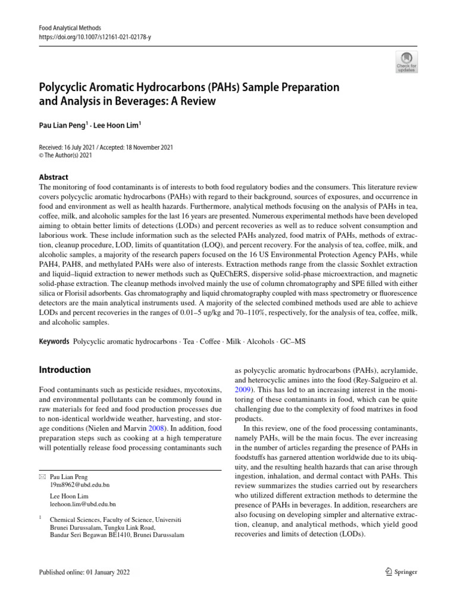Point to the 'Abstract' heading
point(54,177)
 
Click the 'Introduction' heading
point(64,370)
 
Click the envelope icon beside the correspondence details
point(41,477)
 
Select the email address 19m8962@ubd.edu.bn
point(79,485)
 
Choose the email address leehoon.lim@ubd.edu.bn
point(82,505)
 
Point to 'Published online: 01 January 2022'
point(84,572)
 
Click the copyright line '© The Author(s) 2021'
point(66,155)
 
